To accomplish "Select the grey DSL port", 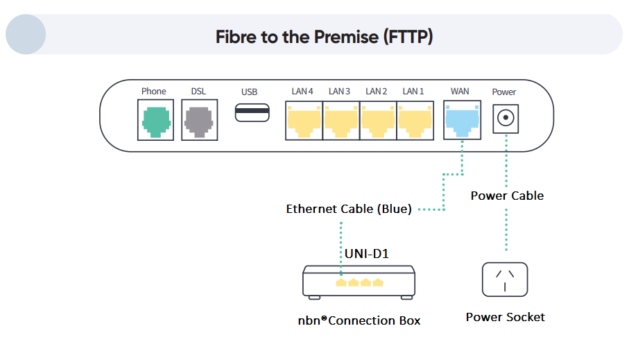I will click(x=198, y=119).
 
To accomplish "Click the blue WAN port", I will click(x=460, y=119).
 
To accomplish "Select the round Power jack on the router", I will click(x=505, y=118).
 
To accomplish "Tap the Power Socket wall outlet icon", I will click(x=505, y=280).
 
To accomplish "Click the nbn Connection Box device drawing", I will click(x=359, y=283).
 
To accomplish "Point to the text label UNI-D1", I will click(x=367, y=254).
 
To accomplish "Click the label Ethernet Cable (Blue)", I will click(x=349, y=209).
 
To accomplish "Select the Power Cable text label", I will click(x=507, y=196).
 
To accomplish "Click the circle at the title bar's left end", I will click(x=26, y=35).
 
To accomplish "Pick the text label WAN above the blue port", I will click(x=460, y=92).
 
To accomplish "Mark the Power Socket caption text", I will click(x=505, y=317).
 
